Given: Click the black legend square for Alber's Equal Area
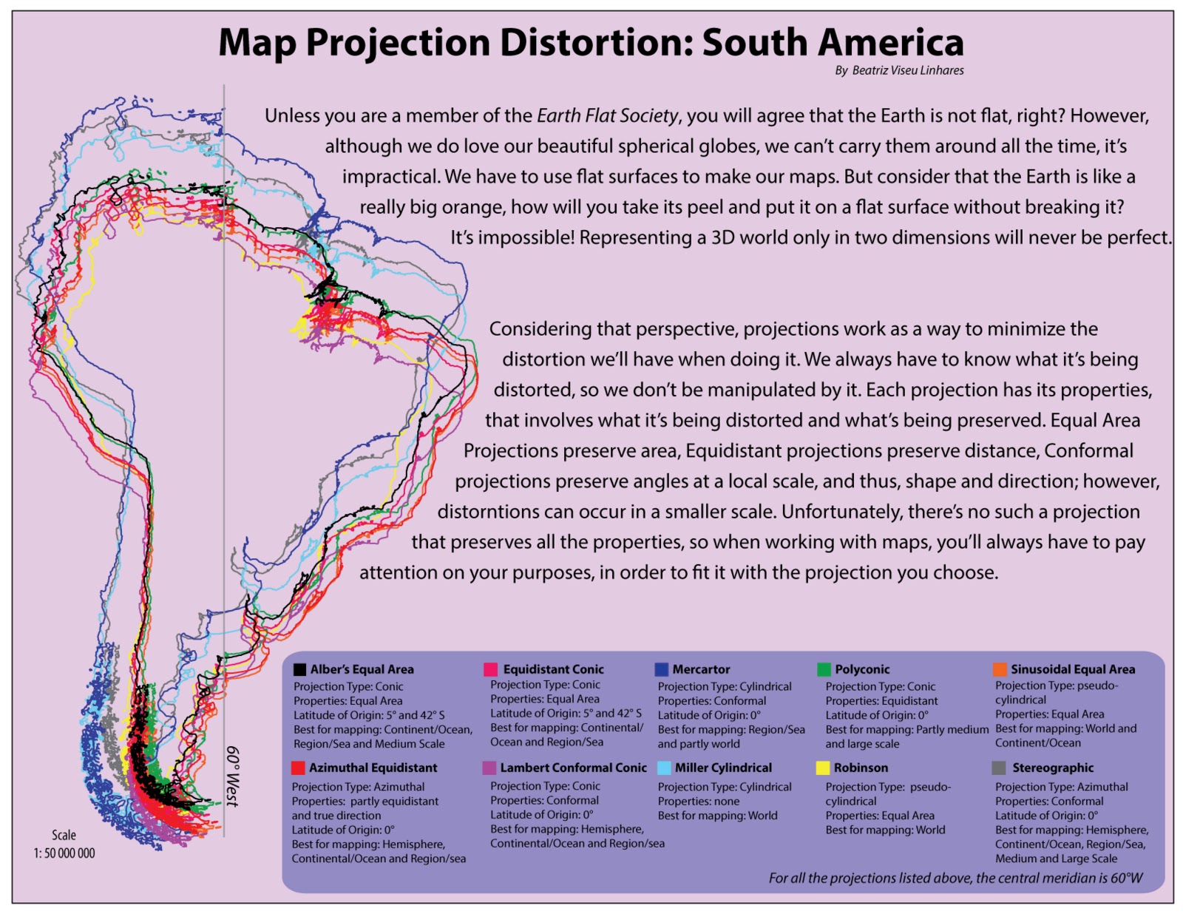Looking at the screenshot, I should [299, 670].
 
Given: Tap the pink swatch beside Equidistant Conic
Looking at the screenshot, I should [490, 669].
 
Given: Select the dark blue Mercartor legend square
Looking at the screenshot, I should [661, 669].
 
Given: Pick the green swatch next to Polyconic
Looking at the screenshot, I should [824, 669].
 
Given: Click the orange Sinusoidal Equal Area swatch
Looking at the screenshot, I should [1000, 669].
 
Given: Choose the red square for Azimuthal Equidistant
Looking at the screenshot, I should [298, 768].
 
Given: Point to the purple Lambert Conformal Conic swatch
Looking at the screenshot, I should [489, 768].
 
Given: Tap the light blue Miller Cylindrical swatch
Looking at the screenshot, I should [664, 768].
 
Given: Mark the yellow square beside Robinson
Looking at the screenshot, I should [823, 768].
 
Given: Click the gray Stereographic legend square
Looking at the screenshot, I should [999, 768].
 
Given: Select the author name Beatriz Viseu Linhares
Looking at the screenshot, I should [907, 70].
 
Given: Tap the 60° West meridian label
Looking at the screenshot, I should [233, 776].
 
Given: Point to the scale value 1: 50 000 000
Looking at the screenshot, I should [64, 853].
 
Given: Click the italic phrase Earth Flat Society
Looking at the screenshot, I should [607, 116].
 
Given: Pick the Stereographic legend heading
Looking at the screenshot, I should [1053, 768].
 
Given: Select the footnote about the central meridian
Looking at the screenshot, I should [955, 878].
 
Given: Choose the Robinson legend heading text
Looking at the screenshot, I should [861, 768].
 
